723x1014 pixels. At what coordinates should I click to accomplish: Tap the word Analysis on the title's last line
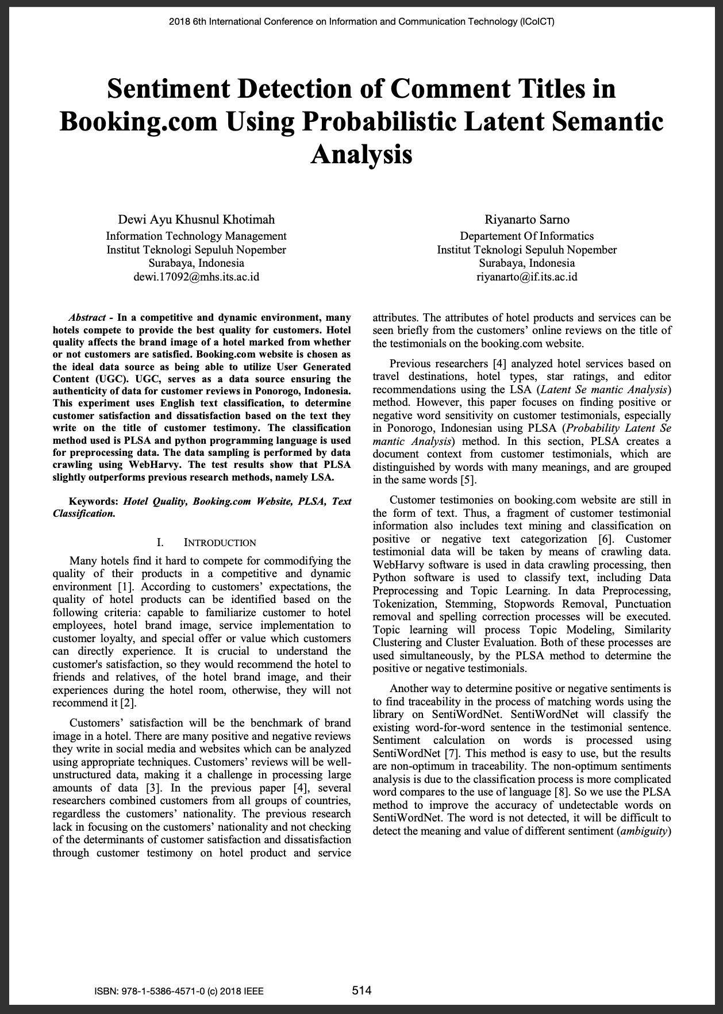point(362,154)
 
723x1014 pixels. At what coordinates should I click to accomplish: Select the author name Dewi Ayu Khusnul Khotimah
point(196,220)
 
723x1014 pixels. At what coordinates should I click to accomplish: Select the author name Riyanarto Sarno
point(526,220)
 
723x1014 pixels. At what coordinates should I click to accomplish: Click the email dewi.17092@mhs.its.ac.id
point(196,276)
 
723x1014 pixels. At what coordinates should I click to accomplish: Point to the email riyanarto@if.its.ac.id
point(526,276)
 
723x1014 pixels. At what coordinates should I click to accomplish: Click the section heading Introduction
point(220,543)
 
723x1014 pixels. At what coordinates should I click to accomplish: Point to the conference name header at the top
point(362,22)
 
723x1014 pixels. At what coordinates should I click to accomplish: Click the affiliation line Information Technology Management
point(196,236)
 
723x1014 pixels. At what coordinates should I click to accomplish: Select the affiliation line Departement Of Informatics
point(526,236)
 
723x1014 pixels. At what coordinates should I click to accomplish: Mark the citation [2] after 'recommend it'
point(128,704)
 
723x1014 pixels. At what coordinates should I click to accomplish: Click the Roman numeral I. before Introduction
point(160,543)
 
